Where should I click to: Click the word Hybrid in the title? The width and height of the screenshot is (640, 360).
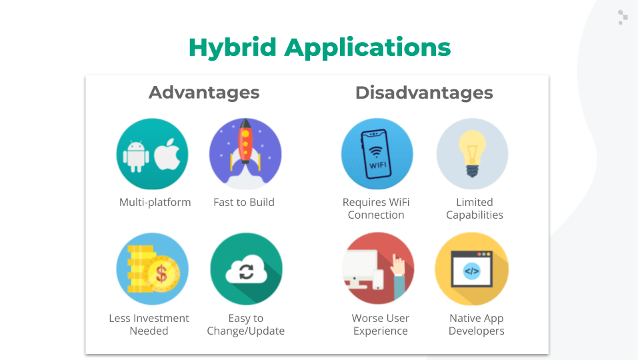(233, 48)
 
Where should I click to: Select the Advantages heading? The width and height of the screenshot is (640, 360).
(204, 93)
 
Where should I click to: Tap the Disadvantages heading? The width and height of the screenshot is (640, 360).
(424, 93)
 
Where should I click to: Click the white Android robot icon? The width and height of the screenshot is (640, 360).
(136, 156)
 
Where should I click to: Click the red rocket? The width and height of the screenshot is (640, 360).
(245, 141)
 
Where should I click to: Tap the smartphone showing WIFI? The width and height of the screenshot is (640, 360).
(376, 154)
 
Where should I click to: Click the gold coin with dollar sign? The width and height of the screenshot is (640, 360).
(162, 273)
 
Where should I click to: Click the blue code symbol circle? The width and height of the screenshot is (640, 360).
(472, 271)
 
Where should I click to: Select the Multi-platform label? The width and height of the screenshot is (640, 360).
(155, 203)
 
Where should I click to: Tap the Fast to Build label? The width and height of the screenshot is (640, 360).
(244, 203)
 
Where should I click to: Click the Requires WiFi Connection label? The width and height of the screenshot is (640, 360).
(376, 209)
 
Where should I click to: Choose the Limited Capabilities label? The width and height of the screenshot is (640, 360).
(474, 209)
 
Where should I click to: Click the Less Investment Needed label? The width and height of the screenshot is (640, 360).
(149, 325)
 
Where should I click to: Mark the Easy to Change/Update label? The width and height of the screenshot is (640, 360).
(246, 325)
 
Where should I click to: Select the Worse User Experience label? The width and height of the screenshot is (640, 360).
(381, 325)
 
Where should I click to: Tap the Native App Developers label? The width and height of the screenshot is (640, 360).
(476, 325)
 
